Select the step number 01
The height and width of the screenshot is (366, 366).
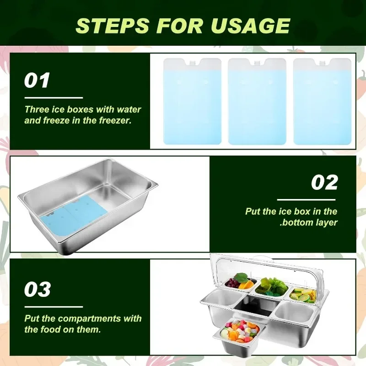(x=37, y=80)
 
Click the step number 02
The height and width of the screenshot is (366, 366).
(x=324, y=182)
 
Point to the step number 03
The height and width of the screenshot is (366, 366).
(x=38, y=289)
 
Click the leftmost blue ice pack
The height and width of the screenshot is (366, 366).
(x=192, y=101)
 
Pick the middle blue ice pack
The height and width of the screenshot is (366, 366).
(x=257, y=101)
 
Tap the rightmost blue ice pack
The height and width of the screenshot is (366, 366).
(x=322, y=101)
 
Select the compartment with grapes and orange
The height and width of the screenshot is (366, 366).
(x=240, y=282)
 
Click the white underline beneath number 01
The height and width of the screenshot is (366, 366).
(x=54, y=98)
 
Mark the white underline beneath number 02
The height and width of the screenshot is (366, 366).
(x=306, y=200)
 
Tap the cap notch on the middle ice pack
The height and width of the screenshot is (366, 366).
(x=257, y=63)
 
